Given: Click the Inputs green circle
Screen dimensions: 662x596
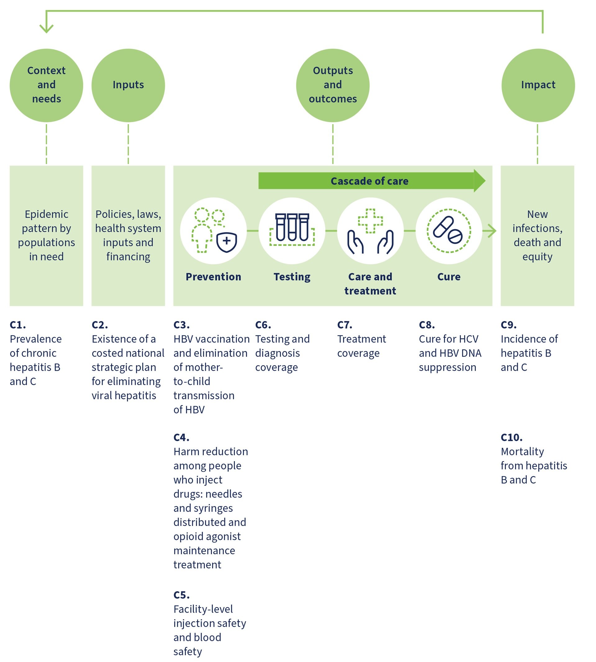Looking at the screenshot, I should coord(128,85).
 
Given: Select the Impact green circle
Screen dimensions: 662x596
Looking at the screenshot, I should coord(538,85).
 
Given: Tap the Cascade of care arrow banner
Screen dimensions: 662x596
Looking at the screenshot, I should coord(369,181).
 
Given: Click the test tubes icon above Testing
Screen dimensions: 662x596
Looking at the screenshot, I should coord(292,228).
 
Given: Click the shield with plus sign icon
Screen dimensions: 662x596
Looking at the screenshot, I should coord(227,242).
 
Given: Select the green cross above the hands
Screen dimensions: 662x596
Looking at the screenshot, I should coord(370,221).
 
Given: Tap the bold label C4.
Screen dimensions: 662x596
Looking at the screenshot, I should coord(181,437).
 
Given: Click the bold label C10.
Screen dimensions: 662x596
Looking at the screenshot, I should coord(511,437).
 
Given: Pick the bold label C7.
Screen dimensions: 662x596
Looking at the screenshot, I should coord(345,324).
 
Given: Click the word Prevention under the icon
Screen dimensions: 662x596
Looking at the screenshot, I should coord(213,277).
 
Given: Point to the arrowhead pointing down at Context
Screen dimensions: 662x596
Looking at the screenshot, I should coord(47,29).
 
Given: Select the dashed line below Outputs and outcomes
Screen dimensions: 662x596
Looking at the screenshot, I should coord(333,144).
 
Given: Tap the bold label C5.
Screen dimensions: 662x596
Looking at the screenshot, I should coord(181,595).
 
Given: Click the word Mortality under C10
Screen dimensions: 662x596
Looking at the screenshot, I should coord(522,451).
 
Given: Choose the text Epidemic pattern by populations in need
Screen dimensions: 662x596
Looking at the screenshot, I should coord(47,235).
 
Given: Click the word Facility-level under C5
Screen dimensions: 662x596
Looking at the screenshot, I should coord(203,609).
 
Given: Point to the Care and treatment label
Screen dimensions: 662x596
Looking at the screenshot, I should coord(370,284).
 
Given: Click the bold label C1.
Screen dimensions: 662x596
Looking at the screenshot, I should coord(18,324).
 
